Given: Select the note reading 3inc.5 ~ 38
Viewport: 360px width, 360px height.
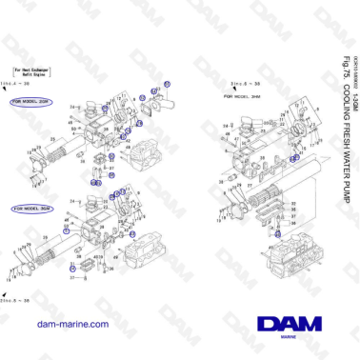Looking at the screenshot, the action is tap(246, 85).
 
